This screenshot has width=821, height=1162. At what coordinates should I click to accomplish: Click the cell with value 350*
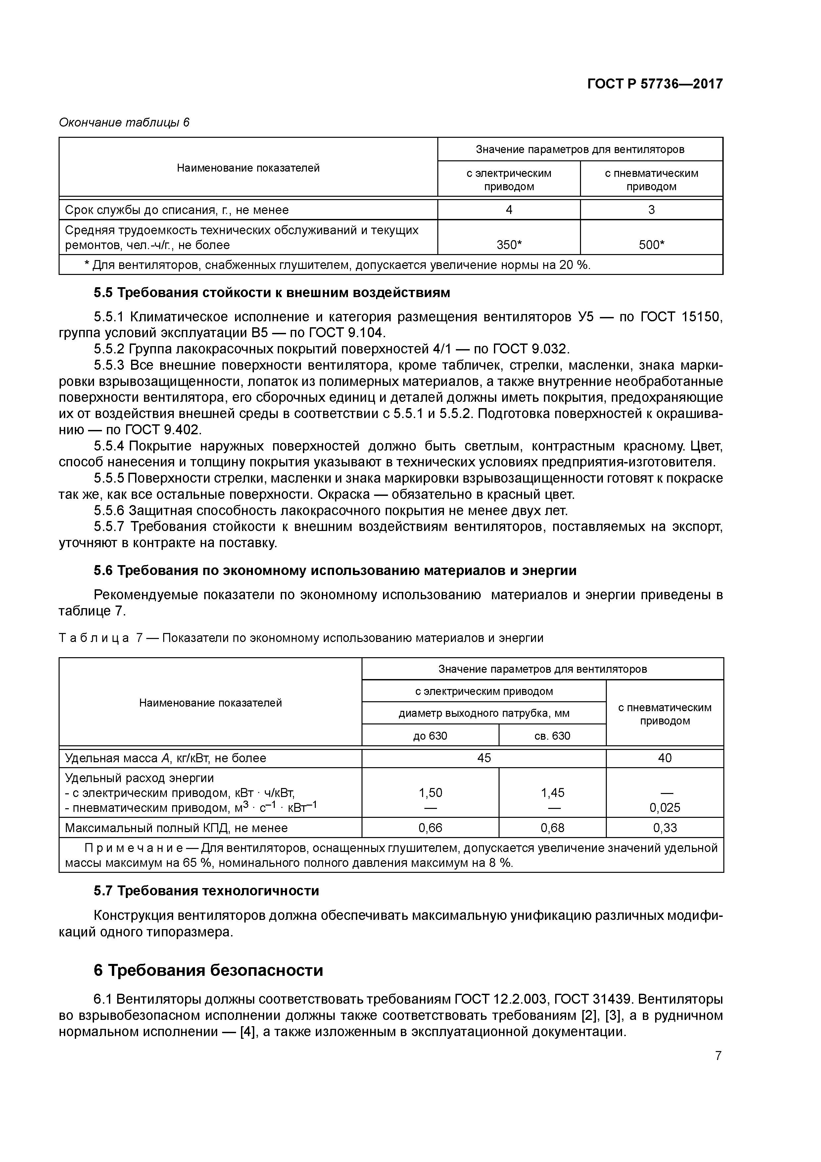click(x=508, y=245)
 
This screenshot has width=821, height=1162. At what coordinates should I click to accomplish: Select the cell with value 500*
click(x=651, y=245)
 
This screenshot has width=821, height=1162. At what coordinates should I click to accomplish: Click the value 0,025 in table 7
click(x=665, y=807)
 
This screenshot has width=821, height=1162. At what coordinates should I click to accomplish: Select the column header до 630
click(x=430, y=735)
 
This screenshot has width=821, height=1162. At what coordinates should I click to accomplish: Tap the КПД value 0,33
click(x=665, y=828)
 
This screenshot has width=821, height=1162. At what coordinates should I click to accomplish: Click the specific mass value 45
click(x=484, y=758)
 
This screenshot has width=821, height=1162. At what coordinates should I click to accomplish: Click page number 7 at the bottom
click(x=718, y=1056)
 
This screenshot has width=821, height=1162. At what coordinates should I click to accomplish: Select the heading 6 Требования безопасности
click(x=209, y=970)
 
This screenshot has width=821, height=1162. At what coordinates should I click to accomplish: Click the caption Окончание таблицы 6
click(x=124, y=123)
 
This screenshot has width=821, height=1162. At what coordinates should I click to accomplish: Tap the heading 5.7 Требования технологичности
click(x=206, y=890)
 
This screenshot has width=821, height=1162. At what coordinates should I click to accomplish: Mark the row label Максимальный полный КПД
click(x=176, y=828)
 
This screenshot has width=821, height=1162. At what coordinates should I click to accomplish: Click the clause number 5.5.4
click(x=109, y=446)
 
